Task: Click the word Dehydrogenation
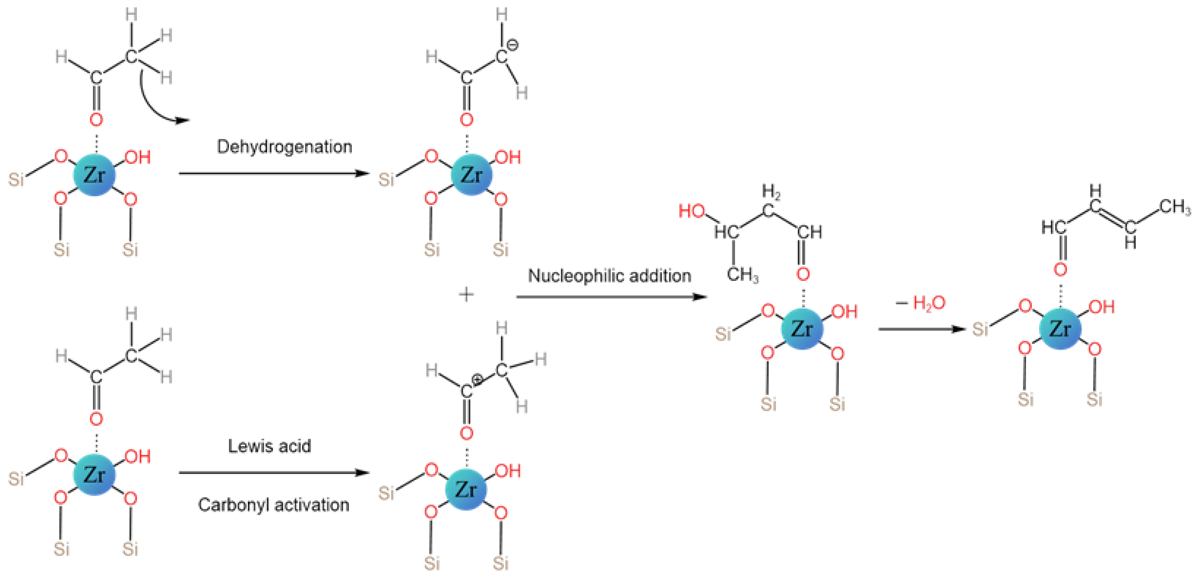point(285,147)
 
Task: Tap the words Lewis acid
point(269,446)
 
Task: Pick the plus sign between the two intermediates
point(466,294)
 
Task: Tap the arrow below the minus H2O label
point(922,329)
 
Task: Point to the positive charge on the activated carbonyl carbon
point(477,380)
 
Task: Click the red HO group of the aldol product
point(692,211)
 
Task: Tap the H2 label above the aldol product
point(770,191)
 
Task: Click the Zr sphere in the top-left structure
point(94,175)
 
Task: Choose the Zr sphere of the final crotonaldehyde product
point(1060,328)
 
